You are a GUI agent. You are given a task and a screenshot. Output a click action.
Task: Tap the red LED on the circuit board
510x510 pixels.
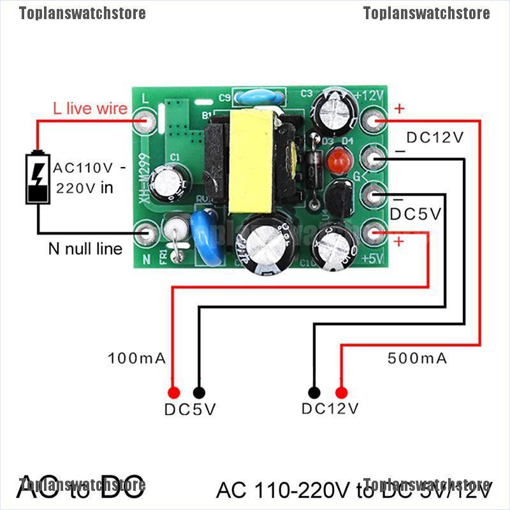point(336,161)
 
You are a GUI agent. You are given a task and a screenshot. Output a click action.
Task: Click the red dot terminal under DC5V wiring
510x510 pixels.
point(172,393)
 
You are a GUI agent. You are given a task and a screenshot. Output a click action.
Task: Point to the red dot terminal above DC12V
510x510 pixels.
point(341,393)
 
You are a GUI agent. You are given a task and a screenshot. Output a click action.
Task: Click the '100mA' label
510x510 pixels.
point(137,358)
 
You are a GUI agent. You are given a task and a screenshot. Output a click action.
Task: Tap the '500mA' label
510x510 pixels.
point(418,358)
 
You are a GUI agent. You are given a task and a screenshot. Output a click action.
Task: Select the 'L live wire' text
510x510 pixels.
point(90,109)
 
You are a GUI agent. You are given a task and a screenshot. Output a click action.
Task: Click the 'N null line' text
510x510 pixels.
point(85,249)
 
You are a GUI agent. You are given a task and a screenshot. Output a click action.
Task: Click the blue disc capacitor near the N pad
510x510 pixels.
point(207,233)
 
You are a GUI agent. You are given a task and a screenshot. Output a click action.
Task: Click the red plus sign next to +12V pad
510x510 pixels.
point(399,108)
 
